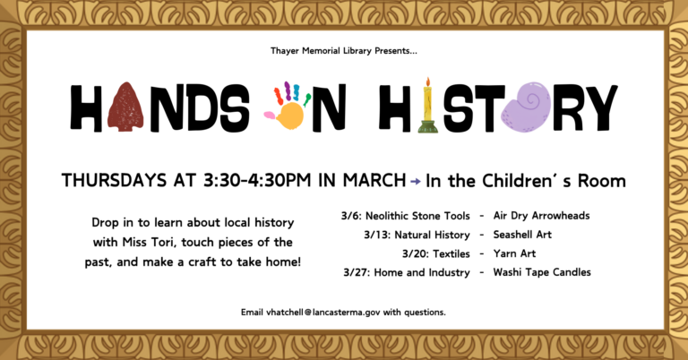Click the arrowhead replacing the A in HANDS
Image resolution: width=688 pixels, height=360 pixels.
coord(125,107)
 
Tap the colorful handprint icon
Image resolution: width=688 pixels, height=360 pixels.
coord(287,106)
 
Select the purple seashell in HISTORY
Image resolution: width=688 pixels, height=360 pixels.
coord(526,107)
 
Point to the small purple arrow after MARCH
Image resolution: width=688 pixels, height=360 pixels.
coord(415,181)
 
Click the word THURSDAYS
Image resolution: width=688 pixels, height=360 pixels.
coord(114,180)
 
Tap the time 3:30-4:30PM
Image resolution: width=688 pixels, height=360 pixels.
coord(257,180)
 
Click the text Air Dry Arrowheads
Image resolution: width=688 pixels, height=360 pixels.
coord(541,216)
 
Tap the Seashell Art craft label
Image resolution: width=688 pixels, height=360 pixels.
coord(522,235)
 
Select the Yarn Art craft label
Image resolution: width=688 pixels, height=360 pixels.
coord(514,253)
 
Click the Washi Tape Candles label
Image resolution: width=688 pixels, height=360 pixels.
coord(542,272)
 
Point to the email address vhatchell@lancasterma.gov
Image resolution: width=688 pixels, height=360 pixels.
coord(322,313)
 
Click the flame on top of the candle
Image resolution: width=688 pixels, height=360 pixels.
coord(428,82)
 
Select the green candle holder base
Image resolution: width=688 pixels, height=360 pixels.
coord(428,126)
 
